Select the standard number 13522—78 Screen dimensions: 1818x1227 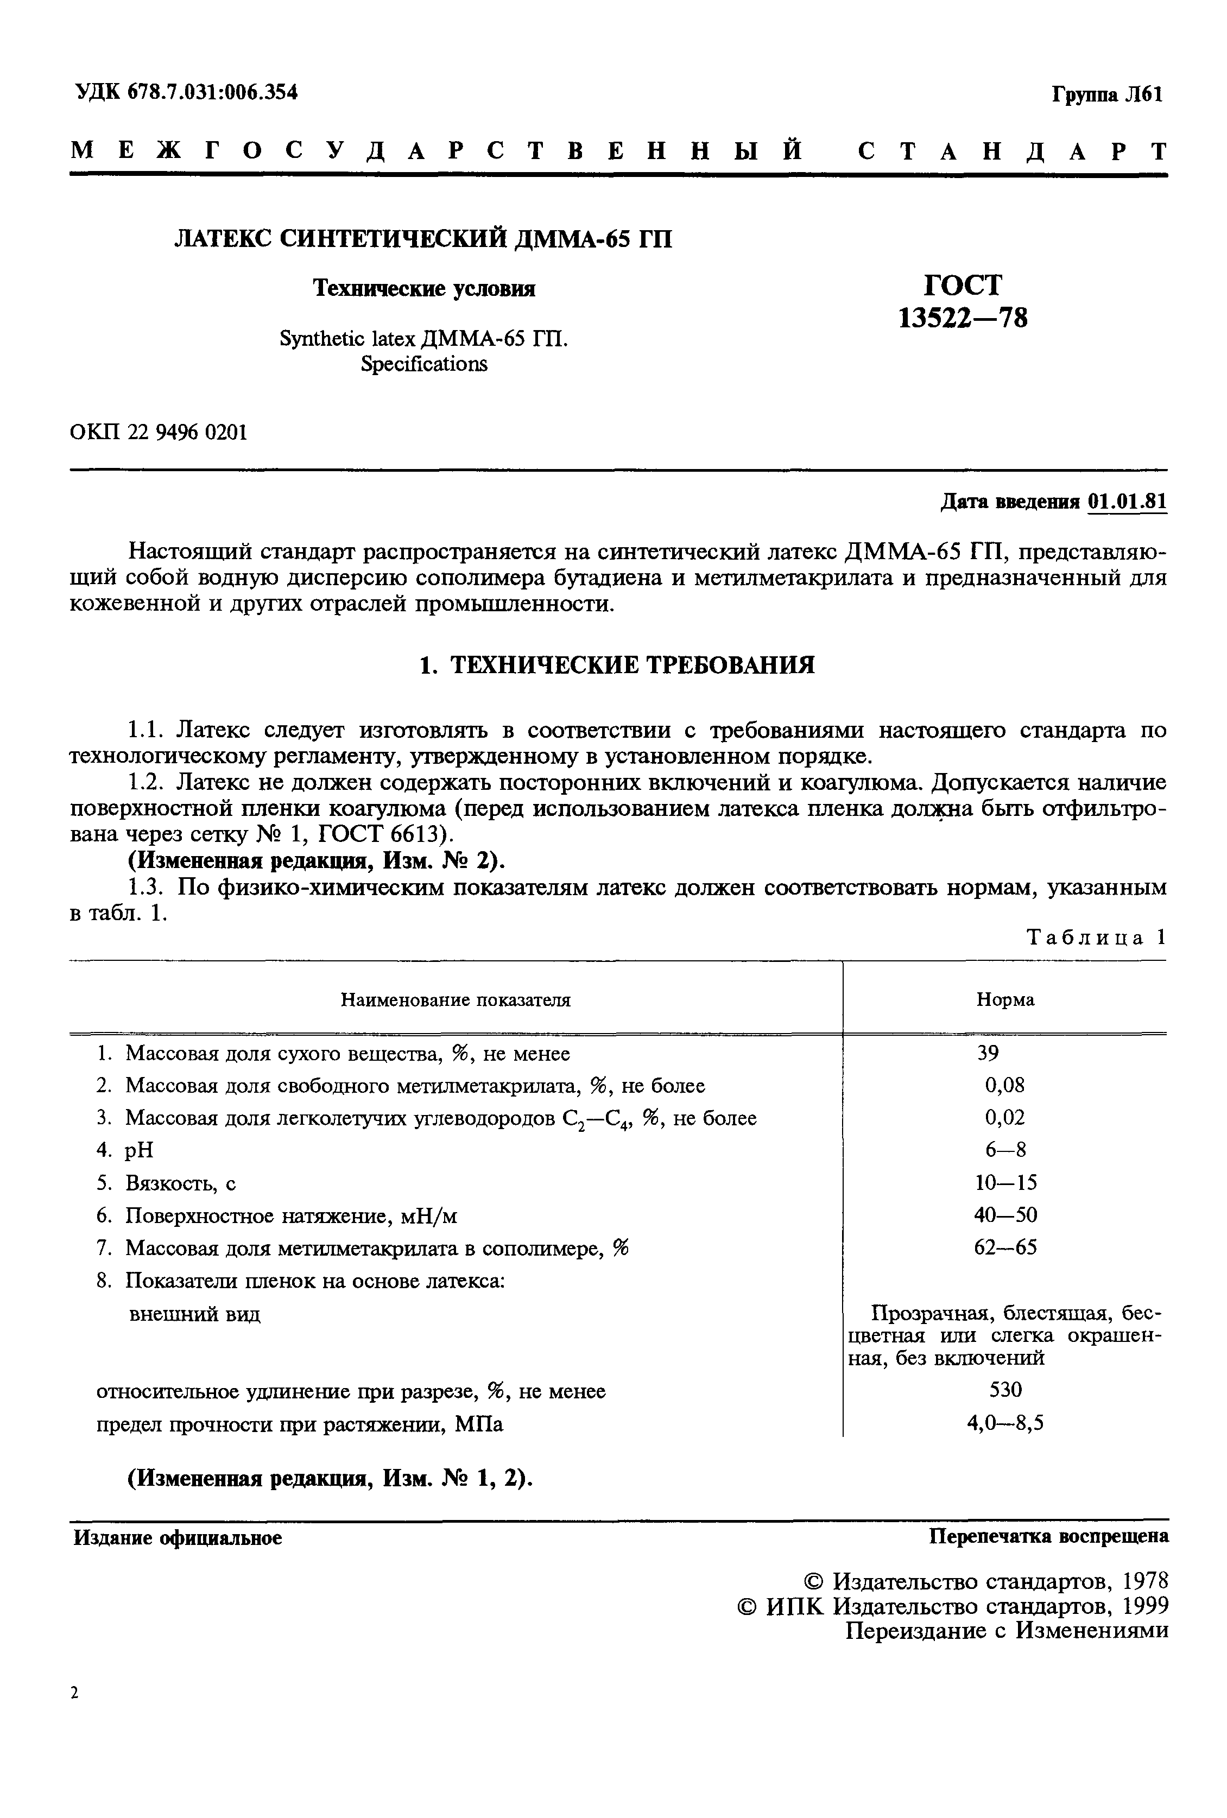pos(963,319)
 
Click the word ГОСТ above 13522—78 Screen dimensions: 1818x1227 pos(963,285)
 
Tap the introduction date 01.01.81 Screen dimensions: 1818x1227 pos(1127,502)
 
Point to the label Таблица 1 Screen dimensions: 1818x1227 pos(1096,937)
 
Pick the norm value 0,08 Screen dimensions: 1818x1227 pos(1004,1086)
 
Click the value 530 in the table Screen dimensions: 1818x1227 pos(1005,1390)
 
